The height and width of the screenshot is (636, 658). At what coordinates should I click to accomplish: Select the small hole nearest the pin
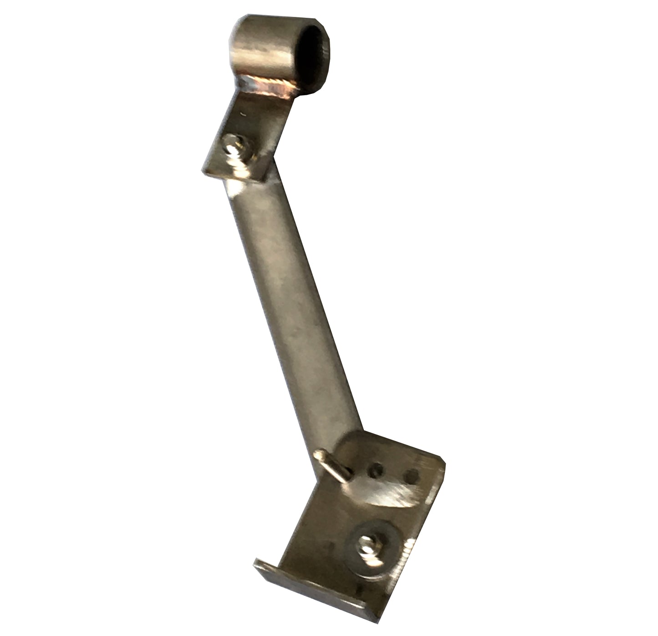coord(376,470)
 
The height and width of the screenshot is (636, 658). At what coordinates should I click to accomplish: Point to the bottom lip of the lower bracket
coord(314,592)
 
